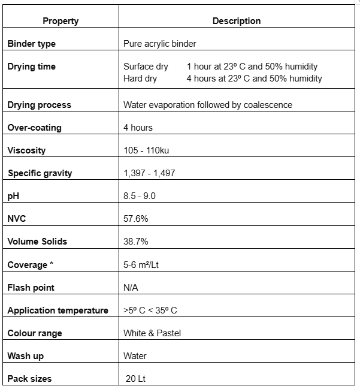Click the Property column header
click(x=60, y=21)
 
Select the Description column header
click(x=237, y=21)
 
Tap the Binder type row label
click(x=31, y=44)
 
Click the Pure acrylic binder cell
click(x=159, y=44)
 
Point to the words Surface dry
click(x=146, y=67)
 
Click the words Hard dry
click(x=140, y=79)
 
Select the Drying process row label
click(x=39, y=105)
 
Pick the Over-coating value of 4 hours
click(x=138, y=128)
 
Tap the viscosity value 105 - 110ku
click(x=146, y=150)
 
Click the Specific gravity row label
click(x=40, y=173)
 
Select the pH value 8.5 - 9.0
click(x=139, y=196)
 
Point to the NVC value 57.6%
click(x=135, y=219)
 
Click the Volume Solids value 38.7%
click(x=135, y=242)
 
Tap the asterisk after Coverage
click(x=51, y=264)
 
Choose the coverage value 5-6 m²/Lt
click(x=144, y=264)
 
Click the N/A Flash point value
click(x=131, y=288)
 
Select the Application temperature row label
click(x=58, y=310)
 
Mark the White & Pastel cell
click(x=152, y=333)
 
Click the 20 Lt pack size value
click(x=136, y=379)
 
